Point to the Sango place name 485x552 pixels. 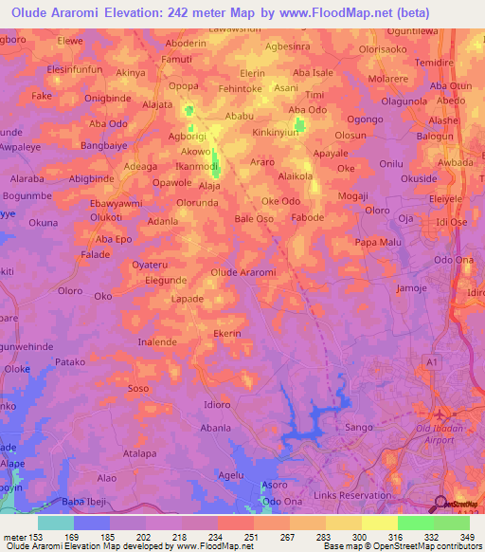click(354, 429)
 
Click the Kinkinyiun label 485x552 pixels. click(281, 134)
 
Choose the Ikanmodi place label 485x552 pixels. click(198, 166)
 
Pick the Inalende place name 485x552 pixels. click(157, 341)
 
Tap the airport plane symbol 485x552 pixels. click(439, 414)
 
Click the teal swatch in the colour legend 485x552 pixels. click(56, 523)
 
